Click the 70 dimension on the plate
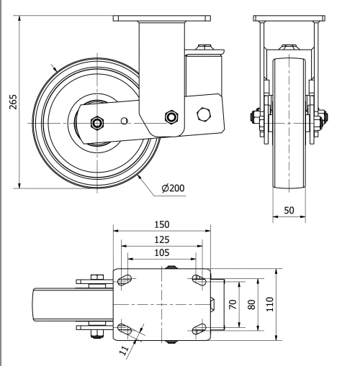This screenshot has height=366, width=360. coord(233,303)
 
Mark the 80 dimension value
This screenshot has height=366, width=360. coord(251,303)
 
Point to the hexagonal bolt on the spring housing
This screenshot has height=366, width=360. coord(203,114)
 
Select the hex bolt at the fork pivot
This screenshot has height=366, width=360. coord(171,116)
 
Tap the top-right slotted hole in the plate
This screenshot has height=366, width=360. coord(199,279)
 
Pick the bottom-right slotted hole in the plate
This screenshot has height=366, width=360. coord(199,329)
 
